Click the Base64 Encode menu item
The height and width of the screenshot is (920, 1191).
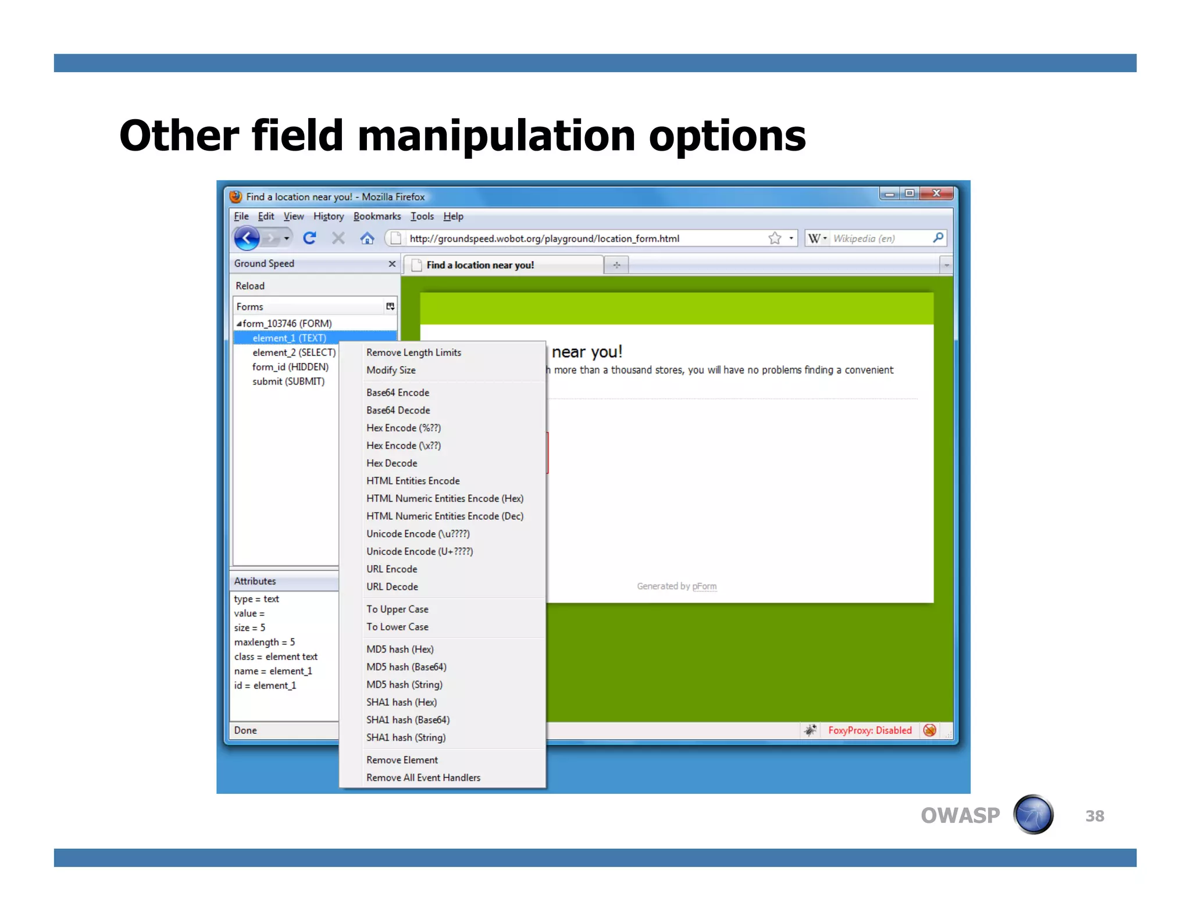pos(398,393)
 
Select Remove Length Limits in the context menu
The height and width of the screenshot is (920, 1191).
pos(413,352)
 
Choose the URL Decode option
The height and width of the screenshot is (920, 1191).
pos(392,587)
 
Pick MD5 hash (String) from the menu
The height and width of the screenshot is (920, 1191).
pos(404,684)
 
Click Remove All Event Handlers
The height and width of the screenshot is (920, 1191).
pos(423,778)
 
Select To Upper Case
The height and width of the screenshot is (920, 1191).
pos(397,609)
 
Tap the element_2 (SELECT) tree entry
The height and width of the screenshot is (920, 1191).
pos(294,352)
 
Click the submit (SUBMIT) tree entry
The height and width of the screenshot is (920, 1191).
pos(288,381)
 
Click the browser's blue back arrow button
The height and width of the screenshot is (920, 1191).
pos(247,238)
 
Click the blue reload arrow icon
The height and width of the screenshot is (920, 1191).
pos(309,238)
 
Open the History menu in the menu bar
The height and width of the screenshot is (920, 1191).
pos(329,216)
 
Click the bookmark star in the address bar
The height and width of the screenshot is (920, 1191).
pos(775,238)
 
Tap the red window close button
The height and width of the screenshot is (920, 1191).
pos(936,194)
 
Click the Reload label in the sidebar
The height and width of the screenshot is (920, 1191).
pos(250,286)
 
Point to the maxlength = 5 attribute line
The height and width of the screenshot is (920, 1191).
pos(265,642)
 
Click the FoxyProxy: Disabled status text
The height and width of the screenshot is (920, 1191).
pos(869,730)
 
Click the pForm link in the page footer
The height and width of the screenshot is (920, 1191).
pos(704,586)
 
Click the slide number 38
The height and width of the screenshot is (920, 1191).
pos(1094,816)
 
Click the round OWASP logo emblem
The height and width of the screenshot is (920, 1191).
pos(1033,815)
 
